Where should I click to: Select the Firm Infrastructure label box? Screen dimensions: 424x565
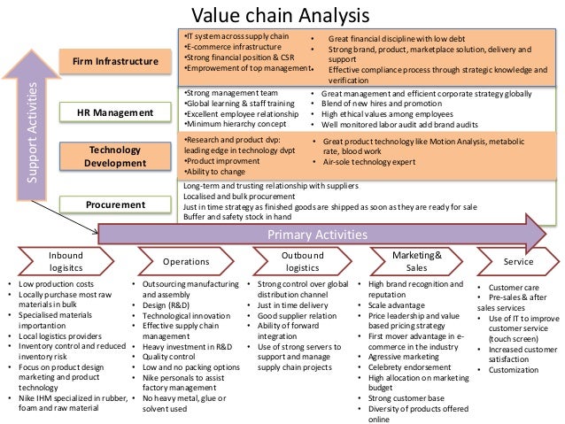(116, 61)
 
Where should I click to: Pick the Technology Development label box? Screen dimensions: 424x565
(116, 157)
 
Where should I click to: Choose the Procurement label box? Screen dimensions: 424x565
(116, 204)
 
